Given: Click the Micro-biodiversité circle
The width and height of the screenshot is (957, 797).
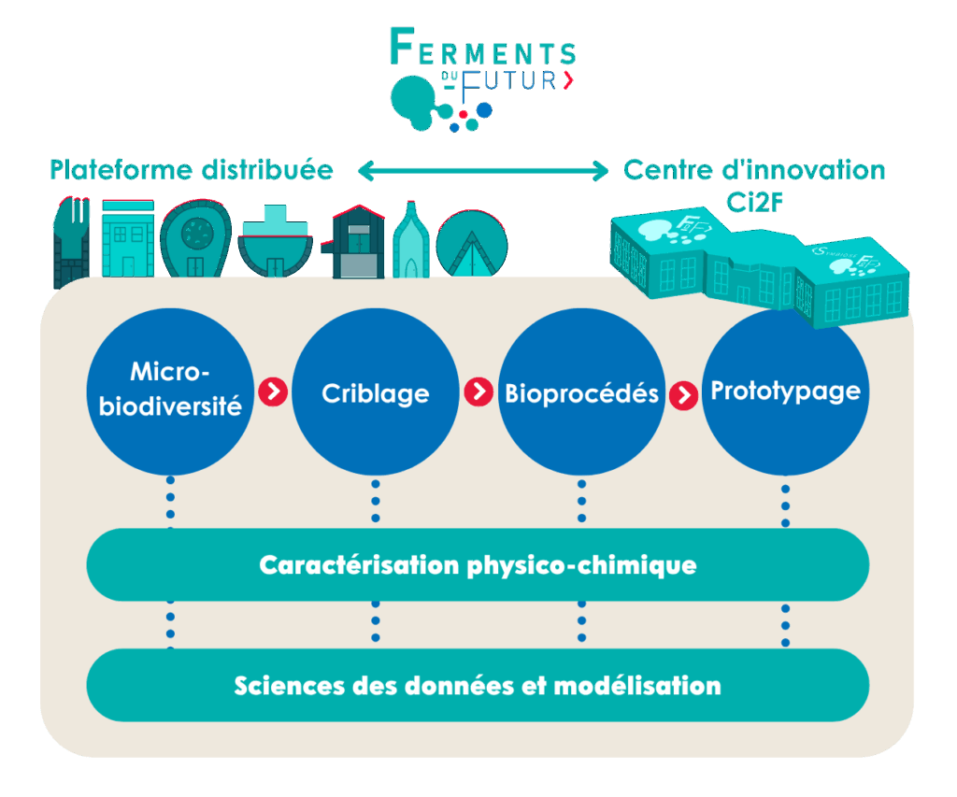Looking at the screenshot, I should click(x=170, y=392).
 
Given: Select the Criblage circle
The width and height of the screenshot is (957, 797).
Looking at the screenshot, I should click(x=376, y=392).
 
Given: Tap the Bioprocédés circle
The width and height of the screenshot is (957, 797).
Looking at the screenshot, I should click(x=581, y=392).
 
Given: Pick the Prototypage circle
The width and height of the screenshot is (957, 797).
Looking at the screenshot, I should click(x=785, y=392).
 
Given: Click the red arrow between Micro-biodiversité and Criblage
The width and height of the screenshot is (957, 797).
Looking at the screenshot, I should click(x=273, y=391).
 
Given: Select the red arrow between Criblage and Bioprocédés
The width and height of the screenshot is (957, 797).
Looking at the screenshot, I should click(x=478, y=391).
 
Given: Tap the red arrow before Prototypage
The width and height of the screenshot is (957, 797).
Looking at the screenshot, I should click(x=684, y=394).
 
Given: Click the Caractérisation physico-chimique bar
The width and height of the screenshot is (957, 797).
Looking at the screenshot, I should click(x=478, y=565).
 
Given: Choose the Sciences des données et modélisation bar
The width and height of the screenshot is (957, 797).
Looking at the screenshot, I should click(x=478, y=685).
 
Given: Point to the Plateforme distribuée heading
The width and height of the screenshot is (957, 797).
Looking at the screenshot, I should click(x=192, y=170).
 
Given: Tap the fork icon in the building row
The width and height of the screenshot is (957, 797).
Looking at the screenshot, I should click(x=71, y=240).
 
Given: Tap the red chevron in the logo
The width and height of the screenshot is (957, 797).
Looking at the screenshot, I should click(x=568, y=80).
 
